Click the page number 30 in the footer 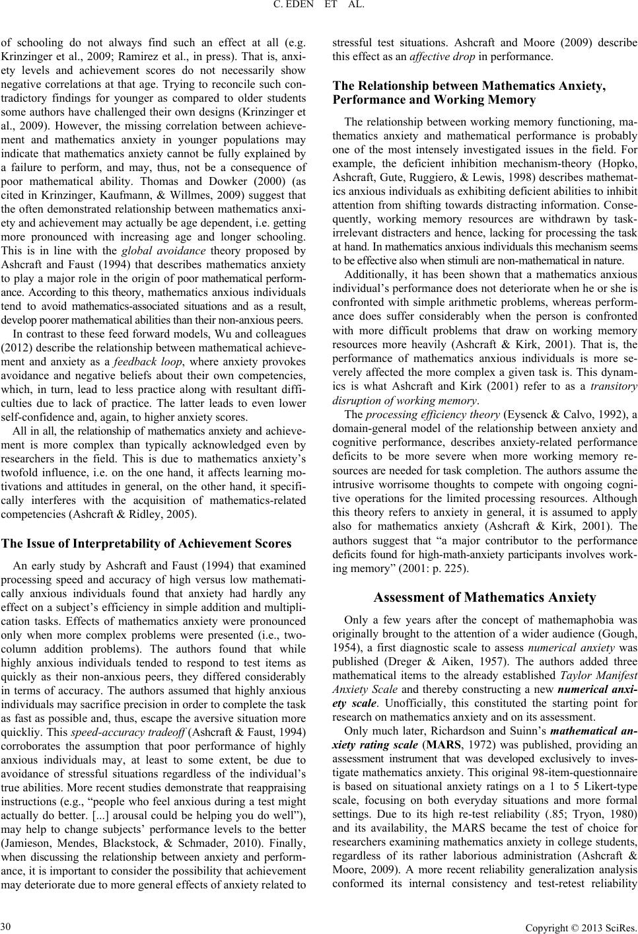(7, 922)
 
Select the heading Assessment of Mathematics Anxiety (485, 598)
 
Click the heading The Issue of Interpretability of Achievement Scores (147, 544)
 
